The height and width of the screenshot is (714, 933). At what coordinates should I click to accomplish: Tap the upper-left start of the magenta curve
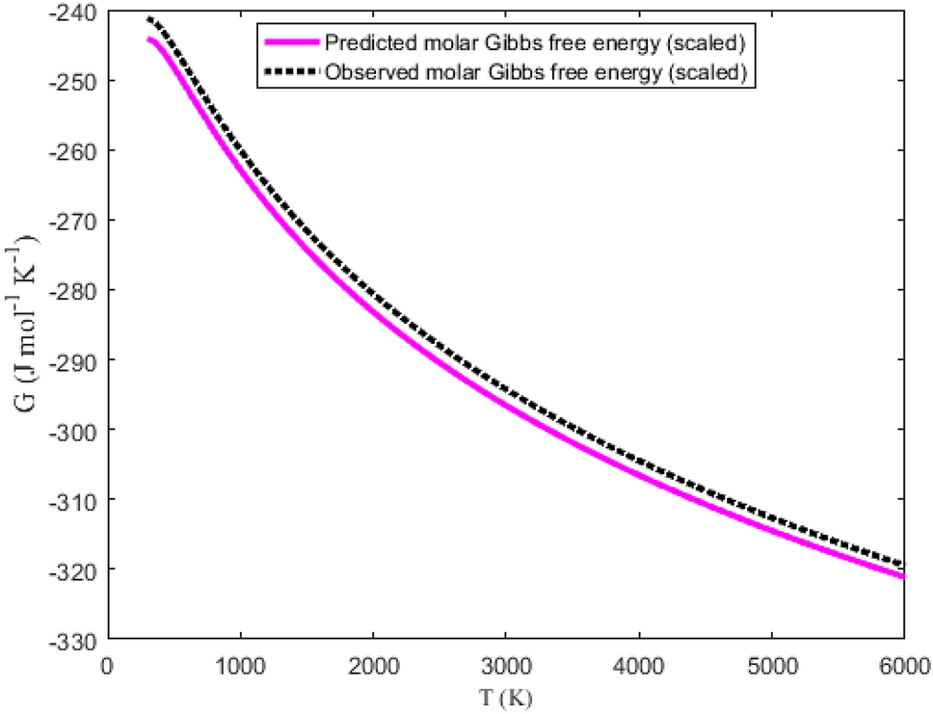(149, 40)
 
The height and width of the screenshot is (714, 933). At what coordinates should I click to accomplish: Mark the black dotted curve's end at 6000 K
(903, 565)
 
